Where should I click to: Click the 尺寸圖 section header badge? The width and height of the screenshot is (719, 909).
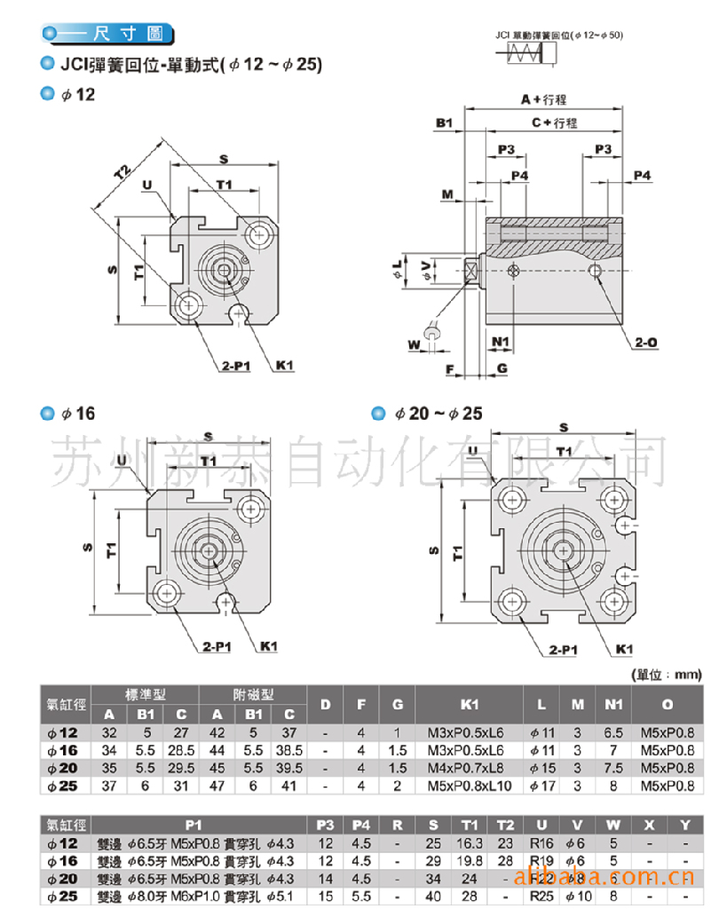[x=107, y=36]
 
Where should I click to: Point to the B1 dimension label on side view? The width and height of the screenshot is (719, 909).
[x=445, y=123]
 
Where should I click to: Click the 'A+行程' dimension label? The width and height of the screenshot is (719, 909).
[x=543, y=100]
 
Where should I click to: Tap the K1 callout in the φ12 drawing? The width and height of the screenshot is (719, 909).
[x=285, y=365]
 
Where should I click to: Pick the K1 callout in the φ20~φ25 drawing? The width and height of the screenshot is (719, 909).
[x=624, y=649]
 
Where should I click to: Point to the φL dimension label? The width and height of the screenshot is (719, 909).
[x=397, y=267]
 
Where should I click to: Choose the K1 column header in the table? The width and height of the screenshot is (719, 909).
[x=470, y=705]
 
